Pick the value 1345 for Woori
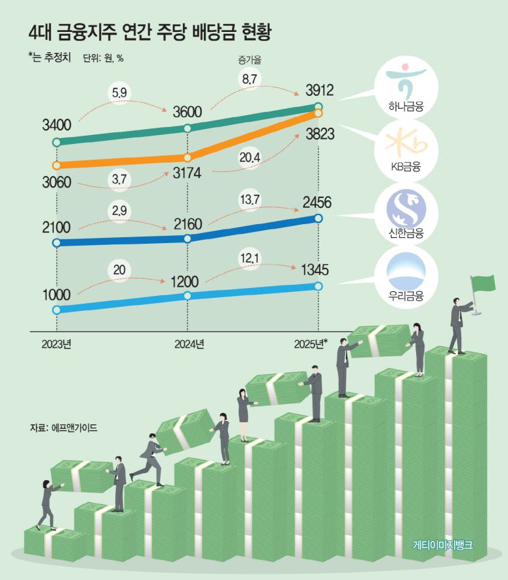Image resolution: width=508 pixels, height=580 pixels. pyautogui.click(x=315, y=269)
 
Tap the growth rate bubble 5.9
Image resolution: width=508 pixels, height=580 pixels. pyautogui.click(x=119, y=93)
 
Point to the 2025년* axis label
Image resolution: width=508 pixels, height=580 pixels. pyautogui.click(x=311, y=343)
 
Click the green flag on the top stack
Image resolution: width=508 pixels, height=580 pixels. pyautogui.click(x=484, y=285)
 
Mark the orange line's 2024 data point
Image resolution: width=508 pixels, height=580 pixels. pyautogui.click(x=188, y=157)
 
